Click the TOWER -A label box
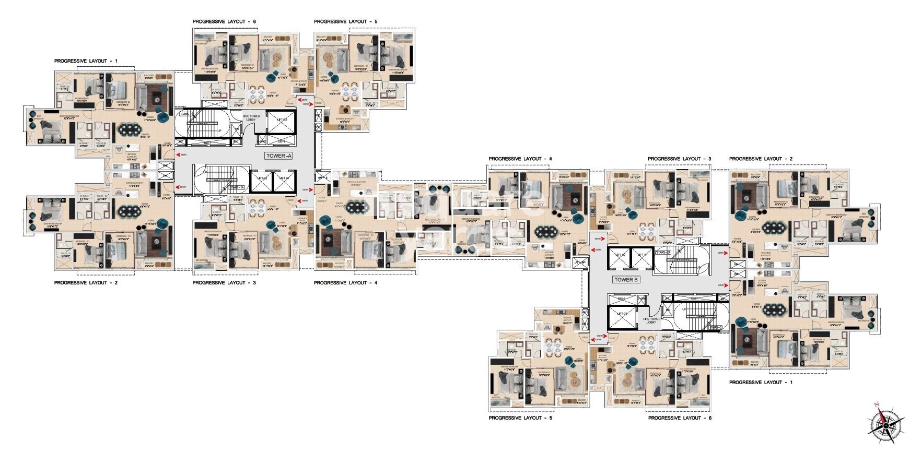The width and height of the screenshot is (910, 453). coord(279,156)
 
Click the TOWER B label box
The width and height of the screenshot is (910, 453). coord(626,280)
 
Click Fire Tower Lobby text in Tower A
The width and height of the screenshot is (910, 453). coord(251,118)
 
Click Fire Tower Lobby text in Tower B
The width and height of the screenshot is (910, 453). coord(651,320)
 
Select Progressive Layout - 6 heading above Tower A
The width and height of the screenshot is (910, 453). coord(224,22)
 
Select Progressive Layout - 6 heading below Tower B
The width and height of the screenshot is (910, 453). coord(680,418)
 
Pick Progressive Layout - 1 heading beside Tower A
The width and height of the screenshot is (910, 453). coord(86,61)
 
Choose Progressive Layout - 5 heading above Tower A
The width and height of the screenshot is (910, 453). coord(345,22)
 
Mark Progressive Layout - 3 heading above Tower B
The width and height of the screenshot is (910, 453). coord(680,159)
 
